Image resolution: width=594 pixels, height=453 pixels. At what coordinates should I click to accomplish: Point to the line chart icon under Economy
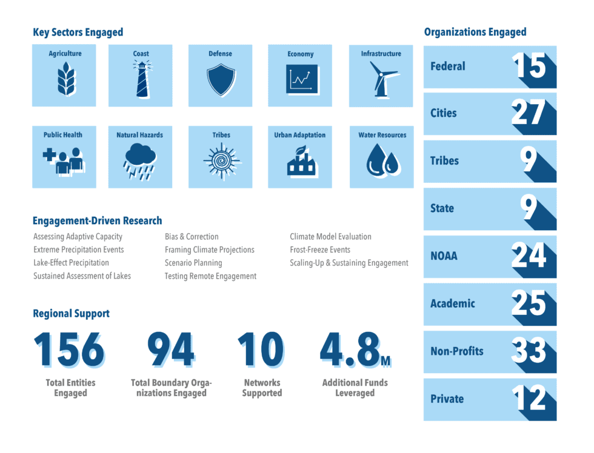301,79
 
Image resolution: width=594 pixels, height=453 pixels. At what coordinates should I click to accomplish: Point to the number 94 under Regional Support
170,351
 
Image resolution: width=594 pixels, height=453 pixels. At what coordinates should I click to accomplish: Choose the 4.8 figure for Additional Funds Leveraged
350,351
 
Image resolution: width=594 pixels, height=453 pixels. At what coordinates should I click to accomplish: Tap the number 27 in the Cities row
529,113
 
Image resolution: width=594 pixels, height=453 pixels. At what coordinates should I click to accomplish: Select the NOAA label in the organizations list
444,256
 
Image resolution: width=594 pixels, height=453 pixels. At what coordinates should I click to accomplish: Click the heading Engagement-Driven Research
98,220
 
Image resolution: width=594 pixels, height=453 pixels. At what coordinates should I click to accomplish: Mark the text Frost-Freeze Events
320,250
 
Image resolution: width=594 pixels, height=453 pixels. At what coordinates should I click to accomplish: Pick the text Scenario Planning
193,263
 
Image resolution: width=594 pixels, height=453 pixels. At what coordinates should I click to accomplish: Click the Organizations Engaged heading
475,32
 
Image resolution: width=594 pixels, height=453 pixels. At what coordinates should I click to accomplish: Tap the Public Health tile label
63,135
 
